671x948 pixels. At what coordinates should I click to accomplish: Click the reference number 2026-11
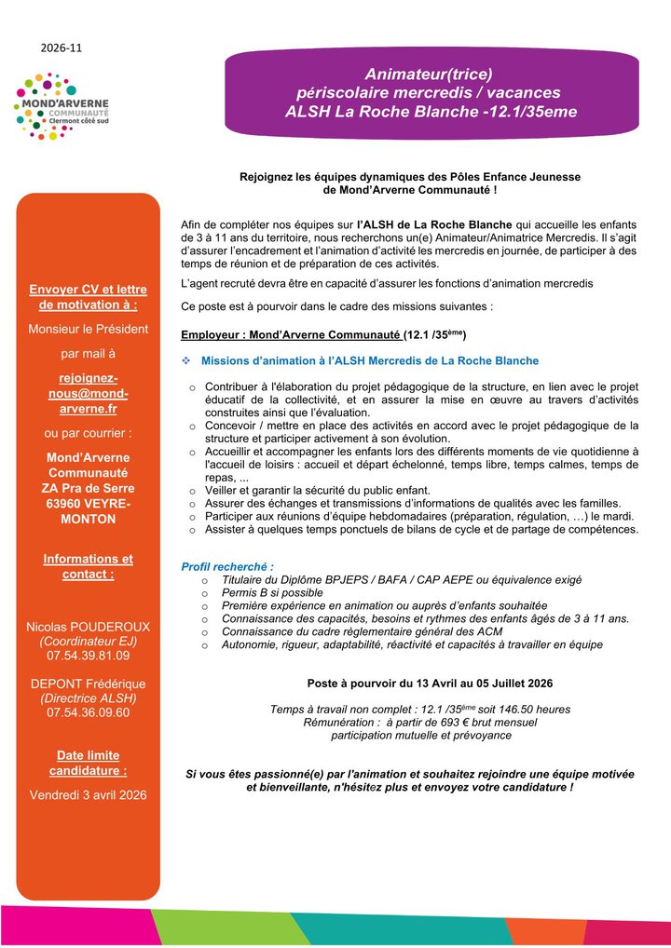tap(62, 47)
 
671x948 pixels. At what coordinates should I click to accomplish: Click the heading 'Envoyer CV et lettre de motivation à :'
tap(88, 296)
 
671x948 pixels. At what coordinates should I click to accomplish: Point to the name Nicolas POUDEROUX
tap(88, 627)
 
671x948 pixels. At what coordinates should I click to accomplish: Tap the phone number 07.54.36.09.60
tap(88, 712)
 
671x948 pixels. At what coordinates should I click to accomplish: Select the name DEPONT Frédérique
tap(88, 683)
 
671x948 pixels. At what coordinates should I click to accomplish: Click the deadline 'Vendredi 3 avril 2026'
tap(88, 794)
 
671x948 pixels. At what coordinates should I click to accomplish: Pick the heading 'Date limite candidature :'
tap(88, 764)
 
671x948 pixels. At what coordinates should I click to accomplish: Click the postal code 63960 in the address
tap(64, 504)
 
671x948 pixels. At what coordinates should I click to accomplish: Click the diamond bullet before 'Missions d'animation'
tap(186, 360)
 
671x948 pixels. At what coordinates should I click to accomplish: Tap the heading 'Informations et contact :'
tap(88, 566)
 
